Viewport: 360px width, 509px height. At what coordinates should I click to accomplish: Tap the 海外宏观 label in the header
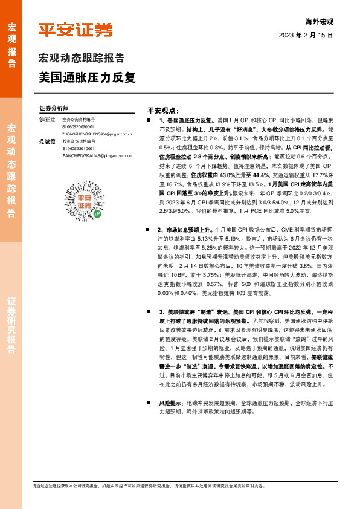click(x=320, y=22)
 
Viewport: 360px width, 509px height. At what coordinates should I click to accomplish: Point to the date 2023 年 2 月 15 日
click(x=306, y=36)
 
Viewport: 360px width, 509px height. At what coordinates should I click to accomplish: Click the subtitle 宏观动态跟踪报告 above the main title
click(x=82, y=59)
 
